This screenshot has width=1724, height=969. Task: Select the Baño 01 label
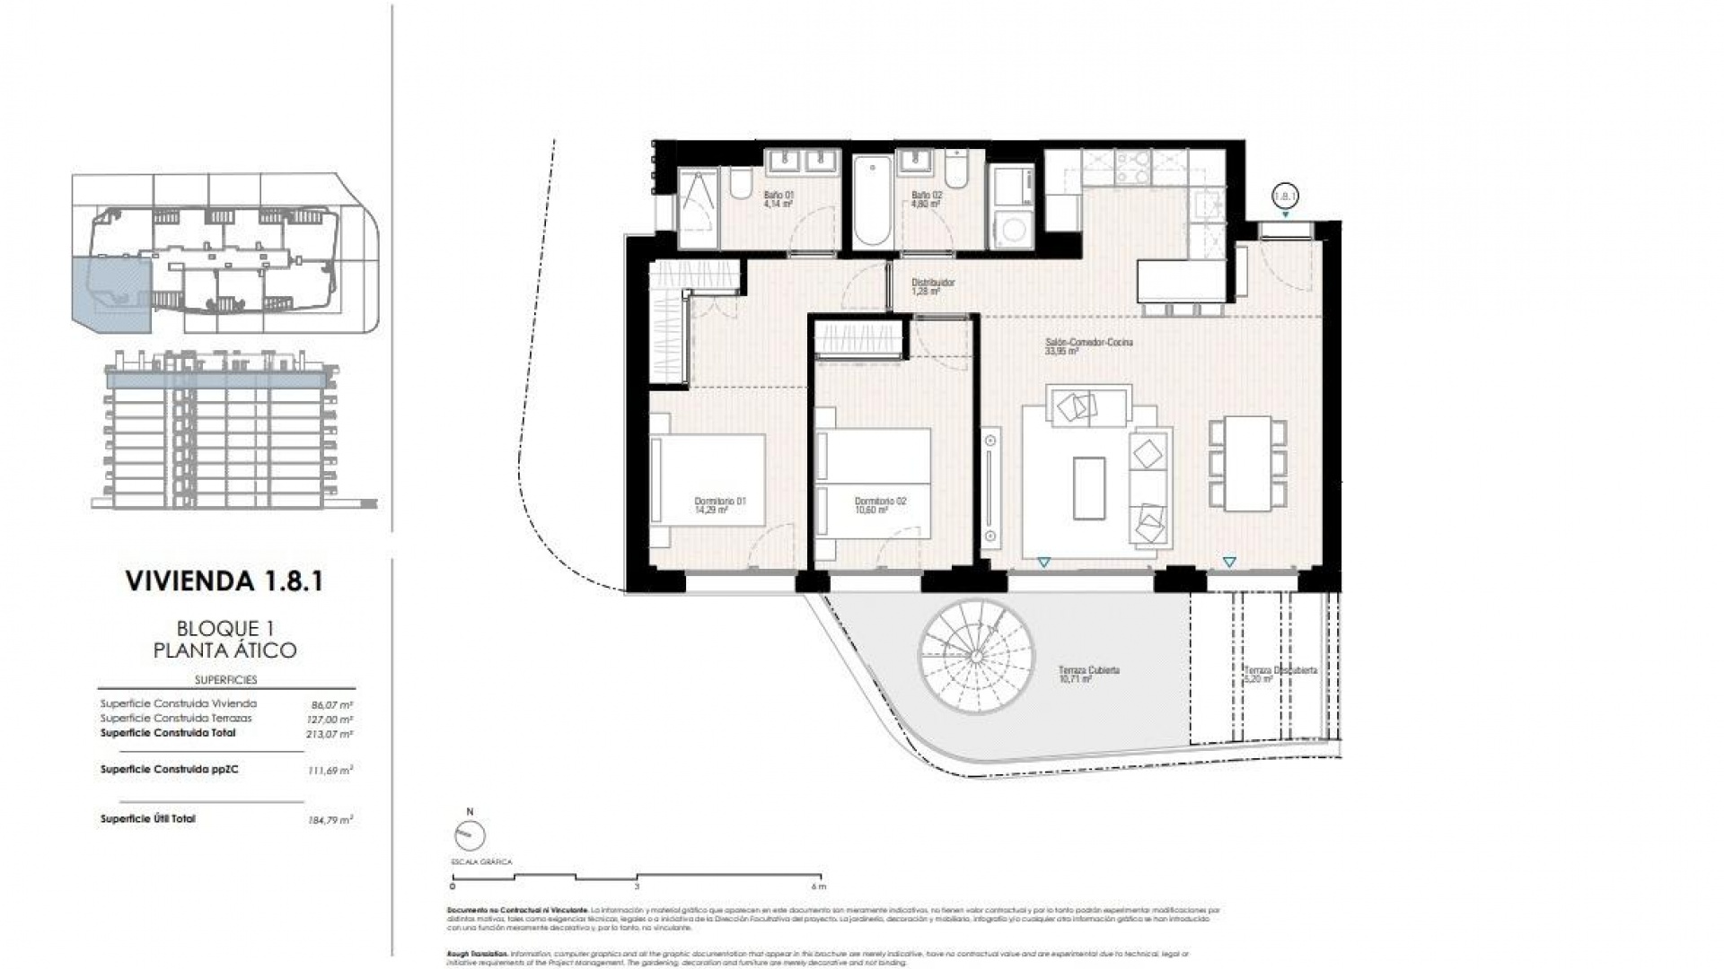point(778,199)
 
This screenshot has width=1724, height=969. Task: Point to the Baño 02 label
point(926,199)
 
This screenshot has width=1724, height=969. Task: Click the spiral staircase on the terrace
point(975,656)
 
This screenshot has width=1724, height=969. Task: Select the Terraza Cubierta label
point(1088,675)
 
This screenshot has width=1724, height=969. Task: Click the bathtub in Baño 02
point(871,203)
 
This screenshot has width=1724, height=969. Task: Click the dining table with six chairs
point(1248,463)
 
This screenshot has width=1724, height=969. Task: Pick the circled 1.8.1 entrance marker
point(1286,195)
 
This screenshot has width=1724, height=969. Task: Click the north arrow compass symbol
point(469,834)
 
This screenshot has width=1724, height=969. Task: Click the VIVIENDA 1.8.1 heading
point(224,581)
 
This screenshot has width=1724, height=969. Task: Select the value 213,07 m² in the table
point(330,734)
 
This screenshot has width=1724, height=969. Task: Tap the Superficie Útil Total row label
point(147,819)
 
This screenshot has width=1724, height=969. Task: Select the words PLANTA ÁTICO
point(224,650)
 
